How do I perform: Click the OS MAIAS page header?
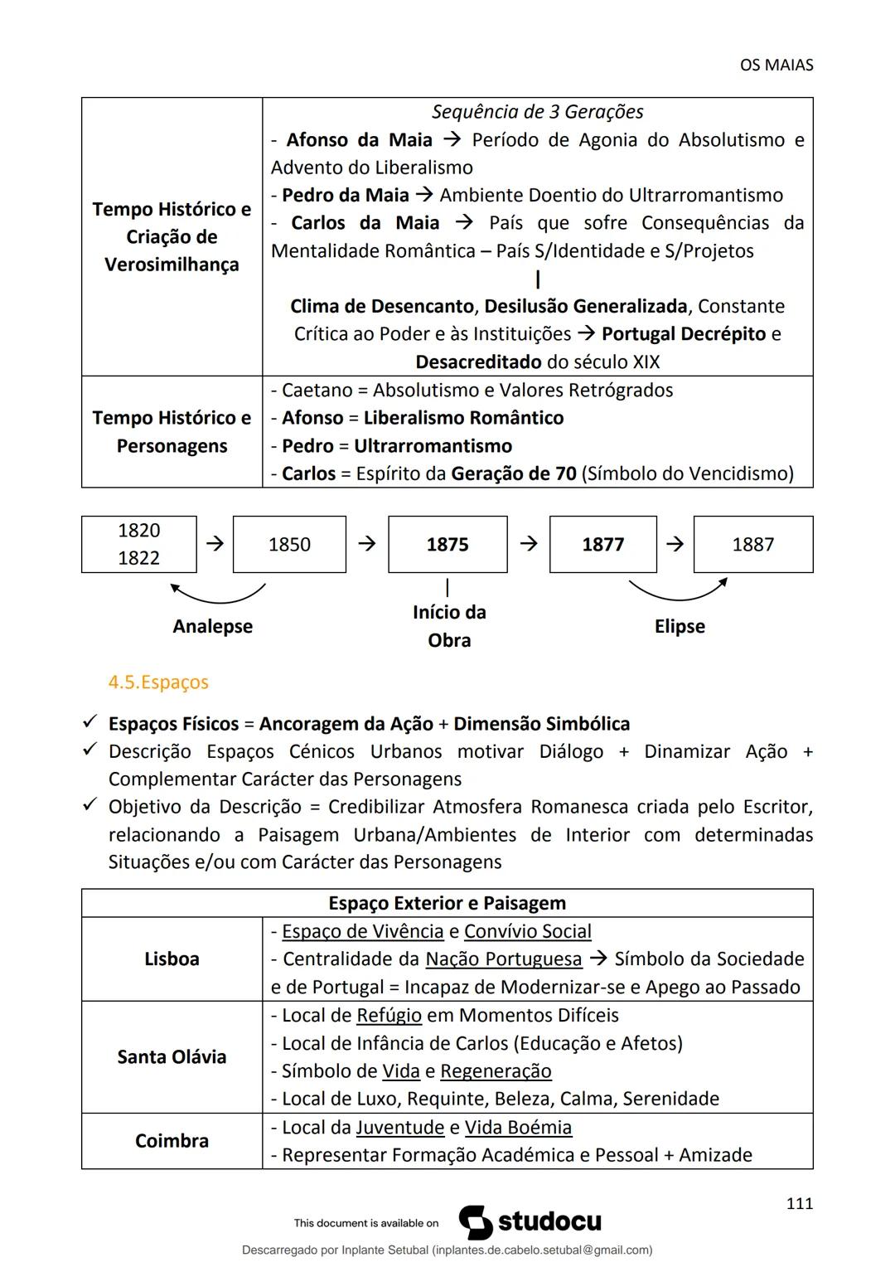tap(776, 65)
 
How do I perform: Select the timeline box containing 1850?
tap(289, 544)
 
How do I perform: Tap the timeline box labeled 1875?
tap(447, 544)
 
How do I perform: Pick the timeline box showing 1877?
tap(602, 544)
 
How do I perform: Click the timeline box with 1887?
tap(752, 544)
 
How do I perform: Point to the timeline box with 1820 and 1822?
tap(139, 544)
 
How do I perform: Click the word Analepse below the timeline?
tap(212, 626)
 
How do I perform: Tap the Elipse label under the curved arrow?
tap(680, 626)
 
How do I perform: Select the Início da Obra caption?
tap(449, 626)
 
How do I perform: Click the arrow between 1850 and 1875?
tap(366, 544)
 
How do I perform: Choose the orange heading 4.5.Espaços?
tap(158, 682)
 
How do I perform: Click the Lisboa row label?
tap(172, 959)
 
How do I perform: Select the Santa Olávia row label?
tap(172, 1056)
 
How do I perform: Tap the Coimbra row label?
tap(172, 1140)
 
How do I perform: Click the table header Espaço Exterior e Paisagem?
tap(447, 903)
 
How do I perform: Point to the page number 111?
tap(799, 1203)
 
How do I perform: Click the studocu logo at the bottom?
tap(530, 1222)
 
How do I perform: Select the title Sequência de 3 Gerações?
tap(537, 112)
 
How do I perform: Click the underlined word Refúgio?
tap(389, 1015)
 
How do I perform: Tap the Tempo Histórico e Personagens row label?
tap(172, 431)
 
